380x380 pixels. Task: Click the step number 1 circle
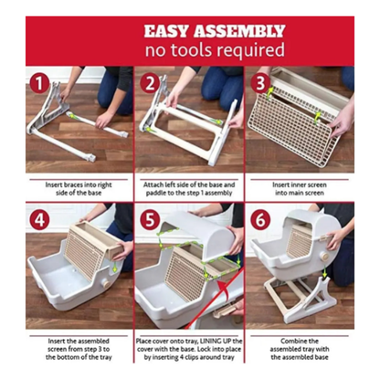coord(37,84)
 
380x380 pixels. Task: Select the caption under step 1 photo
coord(79,186)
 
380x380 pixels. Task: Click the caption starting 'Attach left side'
coord(189,186)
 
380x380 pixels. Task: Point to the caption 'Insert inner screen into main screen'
coord(300,186)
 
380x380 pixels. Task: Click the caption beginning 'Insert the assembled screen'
coord(79,345)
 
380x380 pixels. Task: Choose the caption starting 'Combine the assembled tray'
coord(300,345)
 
